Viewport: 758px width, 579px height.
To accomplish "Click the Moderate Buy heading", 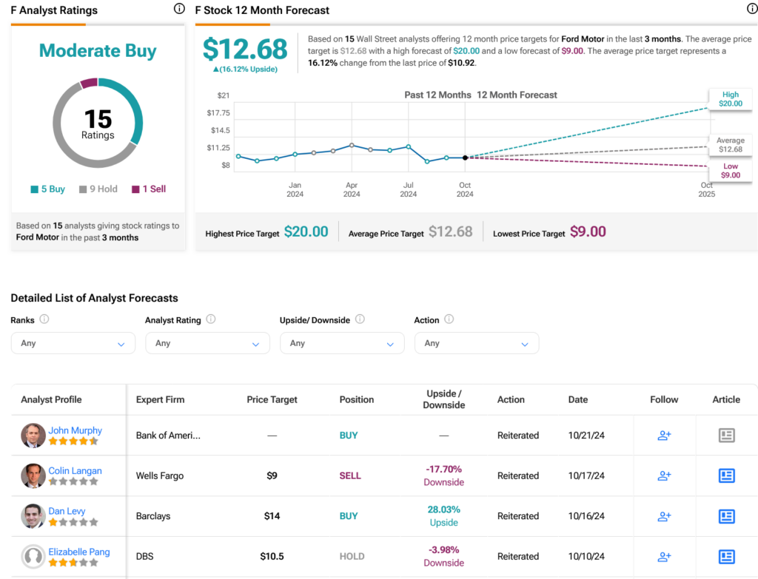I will [x=98, y=51].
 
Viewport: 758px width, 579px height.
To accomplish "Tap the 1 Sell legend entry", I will [x=149, y=189].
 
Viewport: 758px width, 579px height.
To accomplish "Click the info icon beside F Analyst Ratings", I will [x=179, y=10].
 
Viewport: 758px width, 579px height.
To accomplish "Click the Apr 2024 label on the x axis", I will [x=352, y=189].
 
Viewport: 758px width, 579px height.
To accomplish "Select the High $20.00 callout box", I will [x=730, y=99].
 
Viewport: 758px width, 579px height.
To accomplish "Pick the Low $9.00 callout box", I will [x=730, y=171].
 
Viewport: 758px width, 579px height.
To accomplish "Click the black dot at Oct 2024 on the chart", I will [x=465, y=158].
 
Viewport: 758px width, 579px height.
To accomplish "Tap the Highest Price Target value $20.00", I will [x=306, y=232].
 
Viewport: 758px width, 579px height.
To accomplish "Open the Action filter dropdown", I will [x=476, y=343].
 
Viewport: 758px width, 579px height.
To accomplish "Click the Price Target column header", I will [x=272, y=399].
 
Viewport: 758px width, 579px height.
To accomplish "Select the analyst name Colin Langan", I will [x=75, y=471].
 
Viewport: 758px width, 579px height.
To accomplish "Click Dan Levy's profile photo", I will [x=33, y=516].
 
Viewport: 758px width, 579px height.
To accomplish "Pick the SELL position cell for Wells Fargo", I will [x=350, y=476].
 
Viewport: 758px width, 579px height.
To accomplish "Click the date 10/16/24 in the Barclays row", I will [x=586, y=516].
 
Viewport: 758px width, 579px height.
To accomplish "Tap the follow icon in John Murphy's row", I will [x=664, y=436].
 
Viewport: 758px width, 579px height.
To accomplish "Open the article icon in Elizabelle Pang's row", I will [x=726, y=557].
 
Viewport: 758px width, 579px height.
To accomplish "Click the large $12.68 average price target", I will [x=245, y=50].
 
